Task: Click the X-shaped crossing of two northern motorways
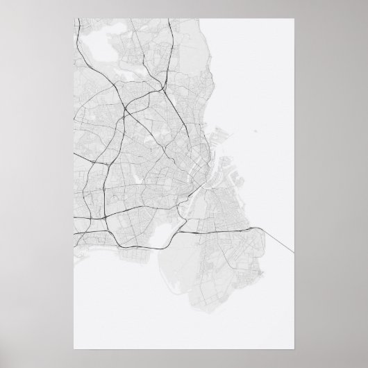pos(125,108)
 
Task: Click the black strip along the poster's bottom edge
pos(184,365)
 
